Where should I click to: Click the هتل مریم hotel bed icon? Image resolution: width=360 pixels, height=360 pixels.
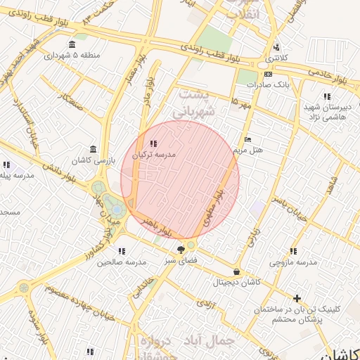tap(246, 139)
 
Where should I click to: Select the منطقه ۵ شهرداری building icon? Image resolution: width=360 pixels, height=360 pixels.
tap(74, 55)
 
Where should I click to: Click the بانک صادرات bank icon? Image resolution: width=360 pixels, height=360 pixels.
tap(268, 74)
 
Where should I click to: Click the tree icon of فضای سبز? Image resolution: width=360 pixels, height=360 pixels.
tap(181, 249)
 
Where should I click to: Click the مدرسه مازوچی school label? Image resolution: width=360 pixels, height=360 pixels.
tap(292, 262)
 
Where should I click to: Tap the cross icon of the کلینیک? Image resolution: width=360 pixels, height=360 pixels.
tap(297, 299)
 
